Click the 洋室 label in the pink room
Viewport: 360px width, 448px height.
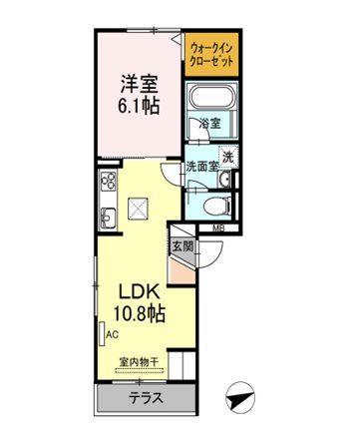click(x=139, y=84)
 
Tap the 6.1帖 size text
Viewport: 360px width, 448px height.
click(x=139, y=106)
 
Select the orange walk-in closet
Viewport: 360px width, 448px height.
click(x=211, y=54)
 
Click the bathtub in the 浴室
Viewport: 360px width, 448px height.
click(x=211, y=98)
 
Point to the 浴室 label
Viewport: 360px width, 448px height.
click(x=210, y=124)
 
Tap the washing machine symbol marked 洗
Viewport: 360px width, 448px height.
click(x=228, y=157)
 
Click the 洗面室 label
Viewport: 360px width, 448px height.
click(x=201, y=166)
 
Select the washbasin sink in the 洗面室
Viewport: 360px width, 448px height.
click(x=225, y=180)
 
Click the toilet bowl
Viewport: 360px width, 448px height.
click(x=217, y=206)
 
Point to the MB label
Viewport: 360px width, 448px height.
click(x=217, y=228)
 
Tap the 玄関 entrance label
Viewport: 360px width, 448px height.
click(x=182, y=246)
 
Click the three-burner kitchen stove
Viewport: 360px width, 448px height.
click(x=109, y=181)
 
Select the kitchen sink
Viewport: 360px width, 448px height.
click(x=108, y=219)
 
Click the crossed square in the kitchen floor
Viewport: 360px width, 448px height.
click(x=138, y=208)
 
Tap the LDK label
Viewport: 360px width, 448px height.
click(x=140, y=292)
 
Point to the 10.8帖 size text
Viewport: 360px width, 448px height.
click(x=140, y=313)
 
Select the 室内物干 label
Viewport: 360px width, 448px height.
click(x=139, y=362)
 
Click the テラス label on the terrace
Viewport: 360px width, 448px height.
click(x=147, y=398)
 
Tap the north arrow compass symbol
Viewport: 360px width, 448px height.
click(x=240, y=397)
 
